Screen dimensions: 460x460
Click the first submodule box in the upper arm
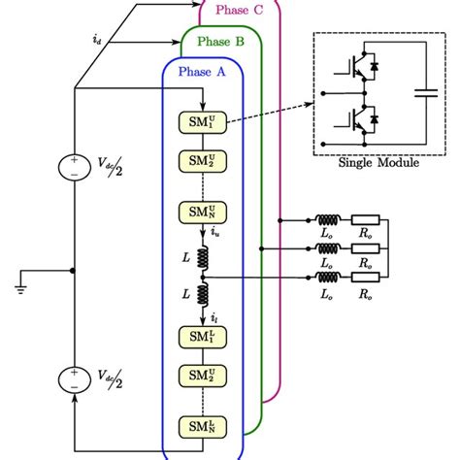click(x=202, y=123)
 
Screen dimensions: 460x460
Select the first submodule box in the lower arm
click(x=202, y=337)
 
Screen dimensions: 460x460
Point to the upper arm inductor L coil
click(x=203, y=258)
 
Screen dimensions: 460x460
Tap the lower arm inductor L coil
click(x=203, y=292)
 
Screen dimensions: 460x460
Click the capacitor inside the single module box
click(x=425, y=94)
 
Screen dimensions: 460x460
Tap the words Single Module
click(x=378, y=162)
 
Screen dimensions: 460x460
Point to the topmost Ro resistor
click(x=367, y=220)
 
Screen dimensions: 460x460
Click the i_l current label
click(x=214, y=317)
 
